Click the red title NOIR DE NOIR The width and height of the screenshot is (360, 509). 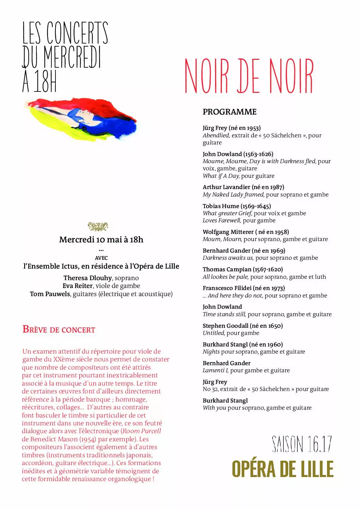pos(249,76)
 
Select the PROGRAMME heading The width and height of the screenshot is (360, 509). pos(229,112)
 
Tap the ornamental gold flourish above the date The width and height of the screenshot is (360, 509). pos(98,226)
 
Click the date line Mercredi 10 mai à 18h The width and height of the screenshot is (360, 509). pos(101,240)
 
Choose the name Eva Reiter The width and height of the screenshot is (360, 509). pos(78,286)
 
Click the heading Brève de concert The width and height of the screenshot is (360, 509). pos(59,329)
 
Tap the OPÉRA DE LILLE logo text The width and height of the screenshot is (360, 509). pos(282,469)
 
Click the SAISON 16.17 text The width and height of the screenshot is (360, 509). pos(301,444)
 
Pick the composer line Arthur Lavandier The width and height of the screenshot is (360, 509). pos(243,187)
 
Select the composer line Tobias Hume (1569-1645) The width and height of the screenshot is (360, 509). pos(237,206)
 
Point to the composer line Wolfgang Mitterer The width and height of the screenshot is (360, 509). pos(246,232)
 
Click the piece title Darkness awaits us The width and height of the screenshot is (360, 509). pos(228,258)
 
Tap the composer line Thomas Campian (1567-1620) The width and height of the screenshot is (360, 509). pos(243,269)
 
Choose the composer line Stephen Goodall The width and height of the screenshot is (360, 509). pos(243,326)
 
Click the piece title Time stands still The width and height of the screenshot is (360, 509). pos(224,314)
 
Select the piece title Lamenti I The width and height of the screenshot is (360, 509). pos(215,370)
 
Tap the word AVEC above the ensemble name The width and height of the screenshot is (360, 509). pos(101,258)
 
